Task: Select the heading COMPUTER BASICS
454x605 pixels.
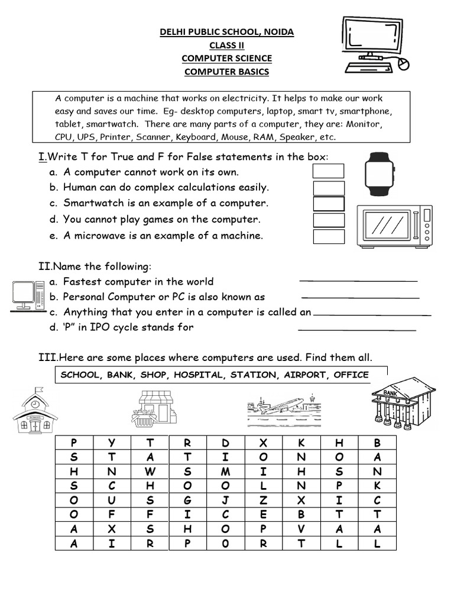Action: tap(226, 72)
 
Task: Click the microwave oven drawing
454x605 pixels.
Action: tap(394, 227)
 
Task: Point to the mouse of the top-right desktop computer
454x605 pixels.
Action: tap(403, 61)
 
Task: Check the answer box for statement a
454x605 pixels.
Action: tap(328, 171)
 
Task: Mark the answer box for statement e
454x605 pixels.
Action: tap(329, 236)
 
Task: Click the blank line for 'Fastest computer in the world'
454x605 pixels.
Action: tap(358, 281)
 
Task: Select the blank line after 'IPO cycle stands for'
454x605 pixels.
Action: tap(357, 330)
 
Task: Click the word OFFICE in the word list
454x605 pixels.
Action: tap(351, 375)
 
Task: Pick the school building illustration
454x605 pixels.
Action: tap(35, 410)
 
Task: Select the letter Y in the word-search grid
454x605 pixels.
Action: tap(112, 443)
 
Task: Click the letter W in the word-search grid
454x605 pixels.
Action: tap(150, 471)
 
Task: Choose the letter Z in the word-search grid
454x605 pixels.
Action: tap(264, 500)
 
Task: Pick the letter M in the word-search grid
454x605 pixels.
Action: tap(225, 471)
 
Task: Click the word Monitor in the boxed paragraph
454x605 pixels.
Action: tap(364, 125)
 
